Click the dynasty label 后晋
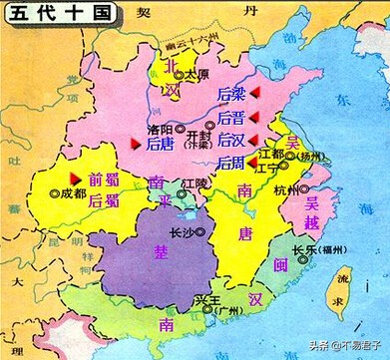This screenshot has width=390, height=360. click(230, 117)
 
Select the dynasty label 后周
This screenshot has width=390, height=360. click(230, 163)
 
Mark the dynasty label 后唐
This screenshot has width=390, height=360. click(160, 146)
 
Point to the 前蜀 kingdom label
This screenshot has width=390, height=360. click(103, 180)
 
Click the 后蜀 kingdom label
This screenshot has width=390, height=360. click(103, 200)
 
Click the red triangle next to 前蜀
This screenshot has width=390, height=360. click(73, 178)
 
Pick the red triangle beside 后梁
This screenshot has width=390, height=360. click(255, 92)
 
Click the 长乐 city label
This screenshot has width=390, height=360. click(304, 251)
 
